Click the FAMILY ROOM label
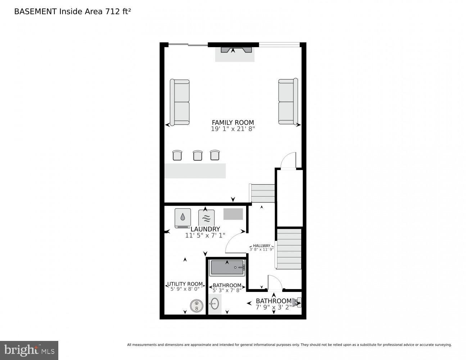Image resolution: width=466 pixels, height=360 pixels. click(233, 122)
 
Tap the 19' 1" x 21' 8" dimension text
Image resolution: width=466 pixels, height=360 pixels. click(233, 129)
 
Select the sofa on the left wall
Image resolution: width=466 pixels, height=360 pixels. click(180, 102)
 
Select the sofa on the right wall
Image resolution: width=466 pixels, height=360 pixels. click(288, 102)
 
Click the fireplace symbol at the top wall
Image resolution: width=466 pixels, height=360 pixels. click(233, 50)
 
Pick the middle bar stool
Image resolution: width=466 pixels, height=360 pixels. click(198, 155)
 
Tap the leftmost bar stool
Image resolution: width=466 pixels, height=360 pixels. click(177, 155)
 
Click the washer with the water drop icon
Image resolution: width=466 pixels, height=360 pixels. click(183, 218)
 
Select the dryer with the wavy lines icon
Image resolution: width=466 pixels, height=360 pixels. click(206, 218)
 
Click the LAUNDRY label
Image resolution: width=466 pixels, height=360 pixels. click(205, 229)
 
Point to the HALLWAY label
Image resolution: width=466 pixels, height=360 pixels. click(262, 246)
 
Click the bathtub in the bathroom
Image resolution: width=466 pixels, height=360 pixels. click(228, 268)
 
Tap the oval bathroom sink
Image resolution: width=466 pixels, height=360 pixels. click(215, 303)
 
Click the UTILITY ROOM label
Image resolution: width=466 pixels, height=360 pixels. click(185, 284)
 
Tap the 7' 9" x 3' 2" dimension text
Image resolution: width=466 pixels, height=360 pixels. click(273, 307)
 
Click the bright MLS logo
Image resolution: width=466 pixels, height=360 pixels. click(29, 350)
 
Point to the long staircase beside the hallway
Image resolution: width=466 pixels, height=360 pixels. click(289, 249)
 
